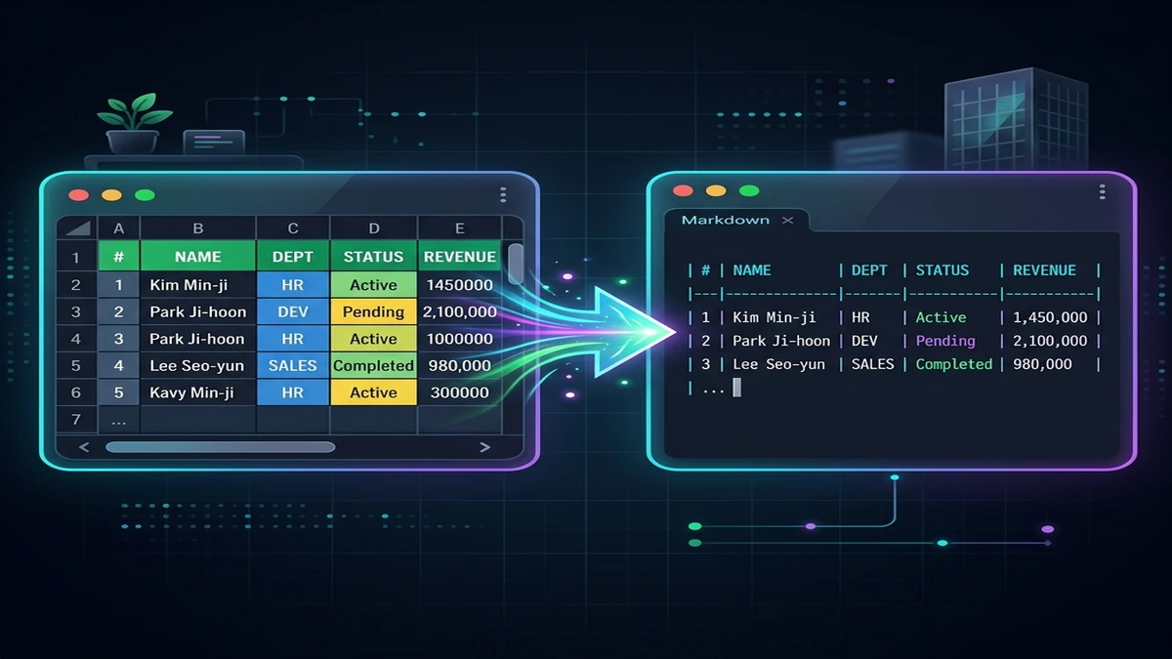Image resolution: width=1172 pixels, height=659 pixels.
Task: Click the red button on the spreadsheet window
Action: [x=78, y=195]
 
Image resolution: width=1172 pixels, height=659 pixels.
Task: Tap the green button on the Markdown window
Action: [x=749, y=191]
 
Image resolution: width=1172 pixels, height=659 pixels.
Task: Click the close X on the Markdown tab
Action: [x=787, y=221]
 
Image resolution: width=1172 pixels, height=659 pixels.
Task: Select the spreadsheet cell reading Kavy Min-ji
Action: [x=197, y=392]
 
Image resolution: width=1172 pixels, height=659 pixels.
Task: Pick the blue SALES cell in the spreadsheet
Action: [x=292, y=365]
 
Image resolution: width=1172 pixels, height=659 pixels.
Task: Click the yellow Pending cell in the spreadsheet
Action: [x=373, y=311]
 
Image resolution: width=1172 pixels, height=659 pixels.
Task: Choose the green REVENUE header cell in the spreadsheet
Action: [x=459, y=256]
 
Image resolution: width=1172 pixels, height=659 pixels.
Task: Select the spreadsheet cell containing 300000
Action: [x=459, y=392]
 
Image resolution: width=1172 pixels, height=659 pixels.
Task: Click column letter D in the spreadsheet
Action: [x=373, y=228]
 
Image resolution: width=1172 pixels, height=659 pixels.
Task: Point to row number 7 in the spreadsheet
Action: [x=76, y=420]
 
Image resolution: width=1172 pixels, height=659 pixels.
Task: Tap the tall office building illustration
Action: [x=1016, y=118]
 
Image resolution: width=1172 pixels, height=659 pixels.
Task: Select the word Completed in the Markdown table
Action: [x=953, y=364]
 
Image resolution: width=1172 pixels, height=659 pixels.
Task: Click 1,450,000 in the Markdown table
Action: [x=1050, y=317]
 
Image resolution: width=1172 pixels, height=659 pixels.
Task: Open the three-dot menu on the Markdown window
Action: [x=1102, y=192]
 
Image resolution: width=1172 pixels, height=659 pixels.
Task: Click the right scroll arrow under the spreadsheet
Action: [x=485, y=447]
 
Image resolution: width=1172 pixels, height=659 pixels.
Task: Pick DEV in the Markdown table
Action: [x=863, y=341]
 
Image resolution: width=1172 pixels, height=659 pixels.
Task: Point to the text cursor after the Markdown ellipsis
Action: [x=736, y=388]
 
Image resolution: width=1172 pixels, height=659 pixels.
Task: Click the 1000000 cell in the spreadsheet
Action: [x=459, y=339]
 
